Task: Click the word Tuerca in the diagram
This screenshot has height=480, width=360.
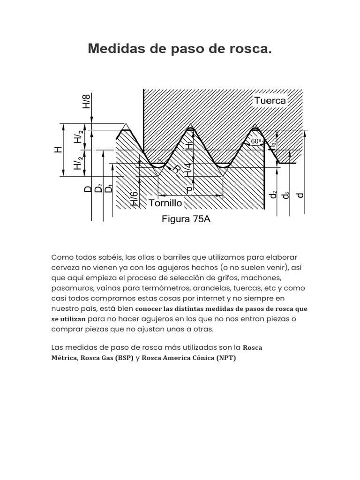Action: pyautogui.click(x=270, y=101)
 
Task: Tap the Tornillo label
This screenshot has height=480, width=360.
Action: pyautogui.click(x=165, y=203)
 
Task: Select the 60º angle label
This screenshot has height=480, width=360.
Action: pyautogui.click(x=256, y=141)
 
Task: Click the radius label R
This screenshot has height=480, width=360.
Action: pyautogui.click(x=176, y=169)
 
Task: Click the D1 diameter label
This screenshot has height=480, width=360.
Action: pyautogui.click(x=110, y=189)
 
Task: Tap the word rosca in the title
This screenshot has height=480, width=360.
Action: pyautogui.click(x=253, y=49)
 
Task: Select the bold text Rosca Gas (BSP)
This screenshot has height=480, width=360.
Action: pyautogui.click(x=107, y=358)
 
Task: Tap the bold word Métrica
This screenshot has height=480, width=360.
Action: pyautogui.click(x=64, y=358)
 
